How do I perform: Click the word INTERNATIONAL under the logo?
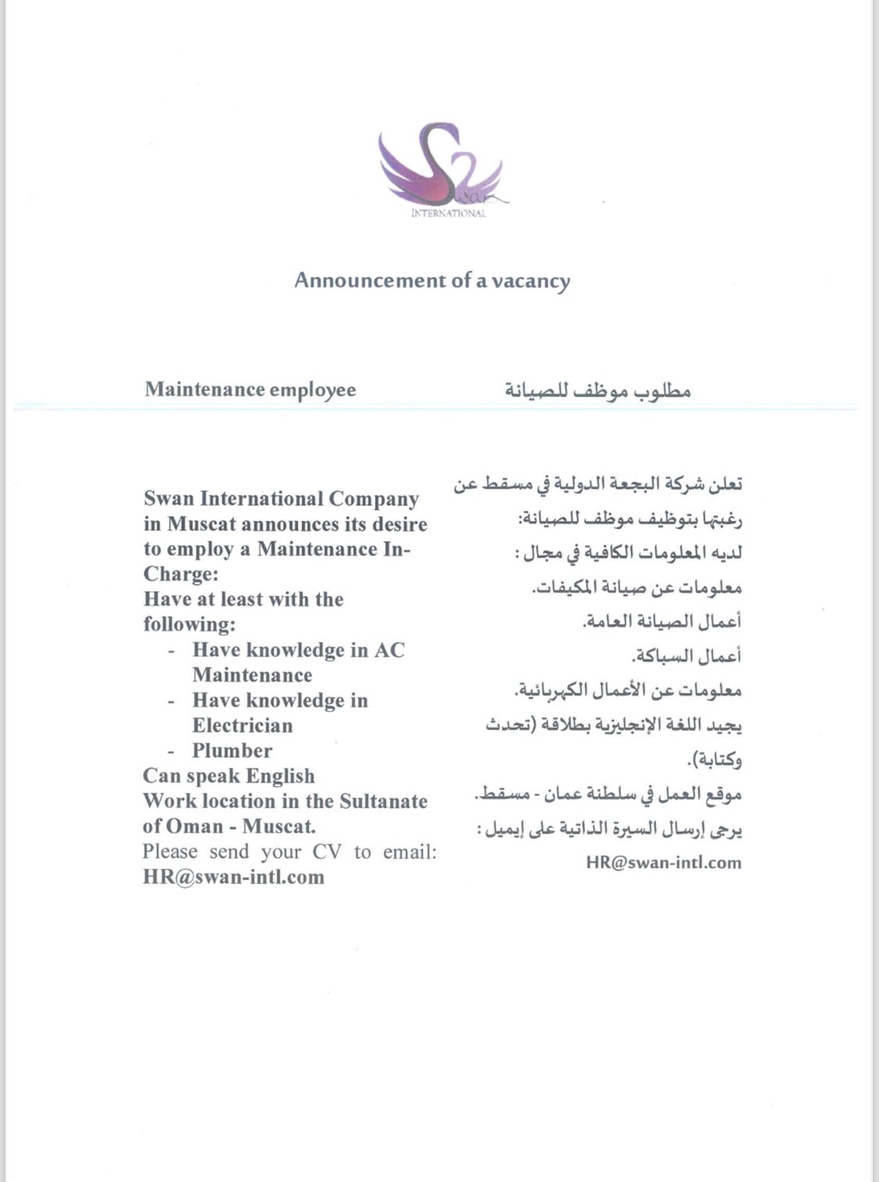(448, 213)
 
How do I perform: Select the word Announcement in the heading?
(370, 280)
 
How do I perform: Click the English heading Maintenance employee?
(250, 389)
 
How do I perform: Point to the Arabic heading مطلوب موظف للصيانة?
(597, 389)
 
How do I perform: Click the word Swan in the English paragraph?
(168, 499)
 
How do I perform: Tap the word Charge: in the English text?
(180, 574)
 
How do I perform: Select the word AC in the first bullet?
(389, 650)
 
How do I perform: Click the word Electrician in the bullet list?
(242, 725)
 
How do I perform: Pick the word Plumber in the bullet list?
(232, 750)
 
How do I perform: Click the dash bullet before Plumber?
(172, 751)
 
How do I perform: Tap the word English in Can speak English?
(280, 776)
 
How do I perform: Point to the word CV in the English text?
(327, 852)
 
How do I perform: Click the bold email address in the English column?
(234, 877)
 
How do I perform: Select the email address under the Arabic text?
(663, 863)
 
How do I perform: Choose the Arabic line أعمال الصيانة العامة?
(661, 621)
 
